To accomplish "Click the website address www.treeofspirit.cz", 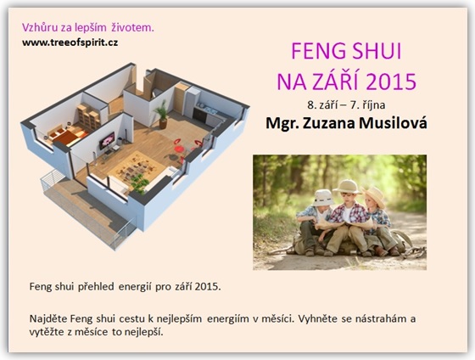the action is coord(70,42).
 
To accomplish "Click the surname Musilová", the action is coord(393,123).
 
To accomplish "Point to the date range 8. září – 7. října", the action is coord(346,105).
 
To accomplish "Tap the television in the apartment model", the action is coord(107,140).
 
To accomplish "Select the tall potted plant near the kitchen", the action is coord(162,114).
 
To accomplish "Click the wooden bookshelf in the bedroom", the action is coord(88,116).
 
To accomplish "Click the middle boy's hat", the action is coord(347,186).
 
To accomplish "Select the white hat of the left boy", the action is coord(323,198).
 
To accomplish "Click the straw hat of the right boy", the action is coord(374,195).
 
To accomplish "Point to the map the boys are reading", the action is coord(345,224).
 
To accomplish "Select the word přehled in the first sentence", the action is coord(96,287).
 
